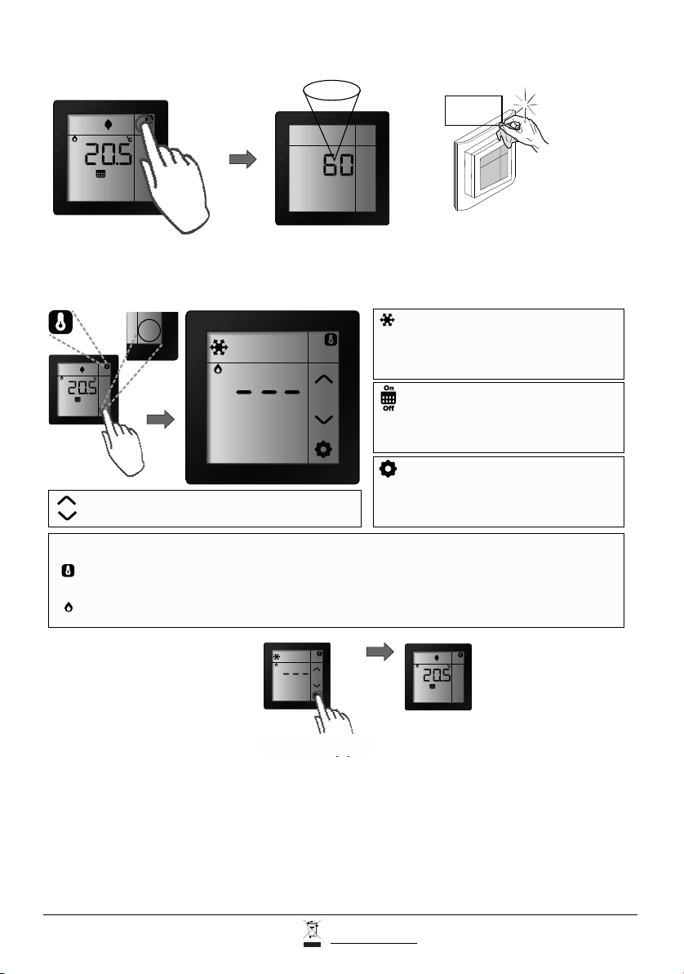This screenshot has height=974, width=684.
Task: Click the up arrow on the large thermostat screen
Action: click(x=325, y=379)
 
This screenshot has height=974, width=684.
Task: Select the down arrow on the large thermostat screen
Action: click(x=325, y=419)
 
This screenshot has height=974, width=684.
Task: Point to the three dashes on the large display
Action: click(x=268, y=393)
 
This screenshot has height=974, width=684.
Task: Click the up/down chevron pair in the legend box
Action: click(x=65, y=508)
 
